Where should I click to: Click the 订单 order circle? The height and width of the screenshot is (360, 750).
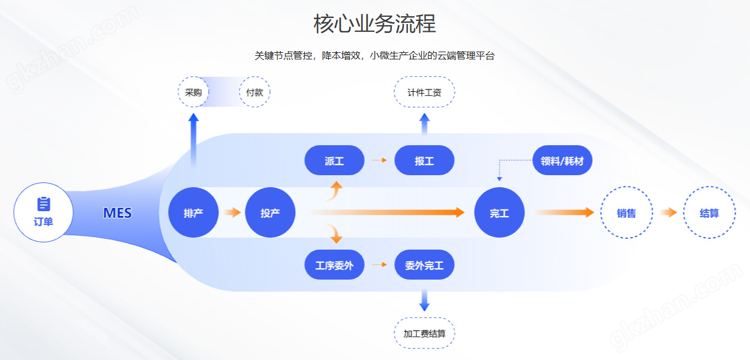pos(43,212)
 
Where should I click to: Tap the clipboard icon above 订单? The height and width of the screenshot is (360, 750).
pos(43,204)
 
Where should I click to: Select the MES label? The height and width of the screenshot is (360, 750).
pos(118,213)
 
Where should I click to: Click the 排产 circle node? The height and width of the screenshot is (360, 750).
pos(193,212)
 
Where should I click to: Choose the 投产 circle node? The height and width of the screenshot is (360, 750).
pos(270,212)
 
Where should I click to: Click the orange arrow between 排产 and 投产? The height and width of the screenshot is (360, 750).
pos(232,212)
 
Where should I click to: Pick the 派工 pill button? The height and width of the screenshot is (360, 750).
pos(334,161)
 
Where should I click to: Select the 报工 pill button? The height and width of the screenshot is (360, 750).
pos(424,161)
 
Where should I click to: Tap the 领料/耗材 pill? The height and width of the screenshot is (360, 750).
pos(562,161)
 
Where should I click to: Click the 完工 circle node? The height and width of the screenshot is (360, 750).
pos(499,212)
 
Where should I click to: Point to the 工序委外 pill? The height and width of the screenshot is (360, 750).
pos(334,265)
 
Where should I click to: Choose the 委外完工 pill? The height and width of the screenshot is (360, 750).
pos(424,265)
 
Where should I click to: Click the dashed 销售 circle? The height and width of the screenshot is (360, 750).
pos(626,212)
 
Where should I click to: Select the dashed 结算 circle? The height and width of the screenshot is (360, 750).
pos(709,212)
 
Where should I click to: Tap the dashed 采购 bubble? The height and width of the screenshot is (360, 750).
pos(193,92)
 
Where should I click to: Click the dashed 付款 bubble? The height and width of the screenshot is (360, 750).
pos(254,92)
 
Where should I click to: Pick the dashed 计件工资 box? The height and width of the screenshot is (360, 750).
pos(424,92)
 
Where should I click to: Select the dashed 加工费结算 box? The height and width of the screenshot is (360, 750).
pos(424,333)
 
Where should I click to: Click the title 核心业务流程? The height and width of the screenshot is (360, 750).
pos(374,24)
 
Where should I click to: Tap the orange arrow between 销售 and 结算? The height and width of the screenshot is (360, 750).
pos(668,212)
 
